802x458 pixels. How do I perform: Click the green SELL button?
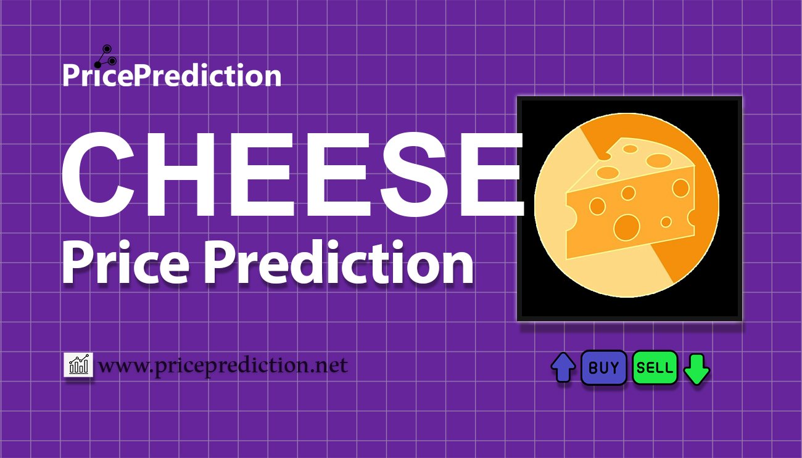coord(655,368)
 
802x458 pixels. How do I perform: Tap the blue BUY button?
coord(603,368)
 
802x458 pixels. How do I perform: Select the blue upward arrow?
coord(563,367)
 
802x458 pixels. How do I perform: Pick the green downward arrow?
coord(697,369)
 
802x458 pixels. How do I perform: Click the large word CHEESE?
coord(290,174)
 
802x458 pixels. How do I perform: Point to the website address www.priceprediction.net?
coord(223,366)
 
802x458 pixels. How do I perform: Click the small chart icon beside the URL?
coord(78,365)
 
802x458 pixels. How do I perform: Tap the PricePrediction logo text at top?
coord(172,76)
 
